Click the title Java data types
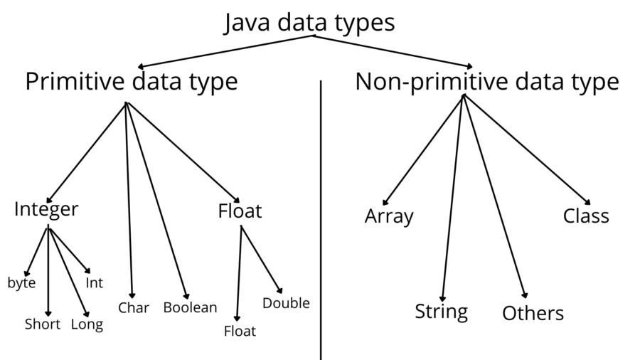click(x=309, y=23)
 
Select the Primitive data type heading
click(x=132, y=82)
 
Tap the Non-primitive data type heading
click(x=487, y=82)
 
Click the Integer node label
click(x=46, y=210)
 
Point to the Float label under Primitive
click(x=240, y=211)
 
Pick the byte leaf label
click(x=21, y=283)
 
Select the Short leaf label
click(x=43, y=324)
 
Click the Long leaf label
click(x=87, y=324)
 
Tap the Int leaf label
click(x=95, y=283)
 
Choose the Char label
click(x=134, y=308)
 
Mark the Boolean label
click(x=190, y=308)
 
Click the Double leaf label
click(x=286, y=304)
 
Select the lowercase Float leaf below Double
click(x=240, y=331)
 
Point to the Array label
click(x=389, y=216)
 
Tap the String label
click(x=442, y=312)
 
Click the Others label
click(x=533, y=313)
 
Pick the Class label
click(x=586, y=216)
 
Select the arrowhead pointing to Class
click(x=587, y=201)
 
